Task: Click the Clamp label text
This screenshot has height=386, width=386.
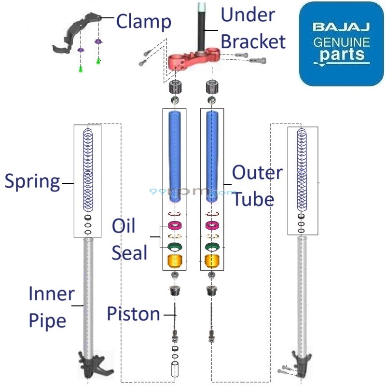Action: tap(144, 22)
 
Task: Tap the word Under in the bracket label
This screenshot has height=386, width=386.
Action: tap(248, 15)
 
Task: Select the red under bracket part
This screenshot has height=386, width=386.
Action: tap(193, 60)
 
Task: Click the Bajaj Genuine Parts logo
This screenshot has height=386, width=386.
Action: tap(342, 44)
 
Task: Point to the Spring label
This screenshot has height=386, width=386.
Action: tap(32, 182)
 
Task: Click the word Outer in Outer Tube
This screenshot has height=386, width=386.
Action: tap(258, 173)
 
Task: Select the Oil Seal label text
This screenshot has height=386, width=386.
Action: tap(129, 239)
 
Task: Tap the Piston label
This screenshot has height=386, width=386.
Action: tap(134, 314)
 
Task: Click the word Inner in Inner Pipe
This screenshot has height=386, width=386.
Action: tap(52, 293)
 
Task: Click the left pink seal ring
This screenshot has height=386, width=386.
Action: tap(174, 225)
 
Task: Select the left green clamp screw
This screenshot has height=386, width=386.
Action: tap(81, 69)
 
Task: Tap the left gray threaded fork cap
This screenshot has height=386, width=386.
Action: tap(174, 88)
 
